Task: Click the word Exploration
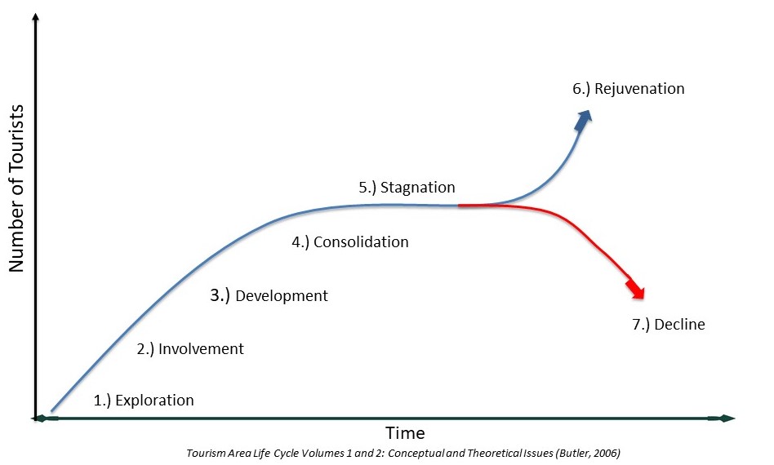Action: (x=154, y=401)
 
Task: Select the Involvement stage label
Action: (x=201, y=349)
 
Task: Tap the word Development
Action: (x=281, y=296)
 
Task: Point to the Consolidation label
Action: (x=360, y=242)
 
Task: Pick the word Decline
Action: (x=679, y=325)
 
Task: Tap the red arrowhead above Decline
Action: (x=636, y=290)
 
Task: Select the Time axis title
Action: (x=405, y=433)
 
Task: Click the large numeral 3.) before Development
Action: (x=220, y=295)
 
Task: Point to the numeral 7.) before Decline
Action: (x=640, y=325)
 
